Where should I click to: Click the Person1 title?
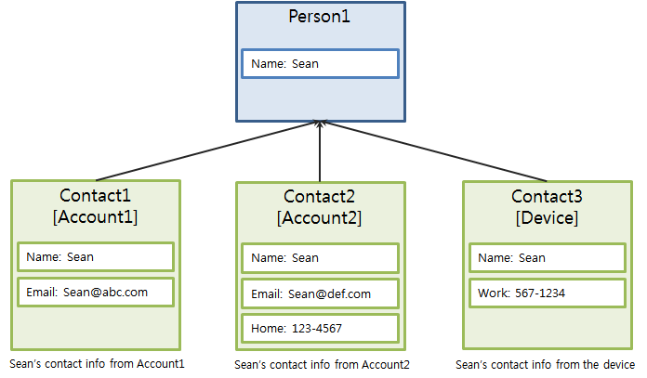pyautogui.click(x=320, y=17)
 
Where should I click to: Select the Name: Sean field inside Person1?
pyautogui.click(x=320, y=63)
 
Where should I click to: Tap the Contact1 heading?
pyautogui.click(x=95, y=196)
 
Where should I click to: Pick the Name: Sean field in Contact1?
pyautogui.click(x=95, y=257)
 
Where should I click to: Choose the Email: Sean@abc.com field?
pyautogui.click(x=95, y=292)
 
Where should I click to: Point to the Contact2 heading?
pyautogui.click(x=319, y=197)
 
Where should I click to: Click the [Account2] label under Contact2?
pyautogui.click(x=319, y=217)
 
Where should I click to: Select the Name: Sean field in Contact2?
pyautogui.click(x=320, y=258)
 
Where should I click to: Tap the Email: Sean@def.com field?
pyautogui.click(x=320, y=293)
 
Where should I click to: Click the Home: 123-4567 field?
pyautogui.click(x=320, y=328)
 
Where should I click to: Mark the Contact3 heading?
pyautogui.click(x=545, y=197)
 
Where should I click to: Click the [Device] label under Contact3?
pyautogui.click(x=545, y=217)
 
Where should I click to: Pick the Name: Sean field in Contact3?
pyautogui.click(x=547, y=258)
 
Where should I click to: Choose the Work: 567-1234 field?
pyautogui.click(x=547, y=293)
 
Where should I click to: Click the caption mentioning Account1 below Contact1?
pyautogui.click(x=98, y=363)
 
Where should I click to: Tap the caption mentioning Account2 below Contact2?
pyautogui.click(x=322, y=365)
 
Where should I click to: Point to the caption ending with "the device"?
pyautogui.click(x=545, y=365)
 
